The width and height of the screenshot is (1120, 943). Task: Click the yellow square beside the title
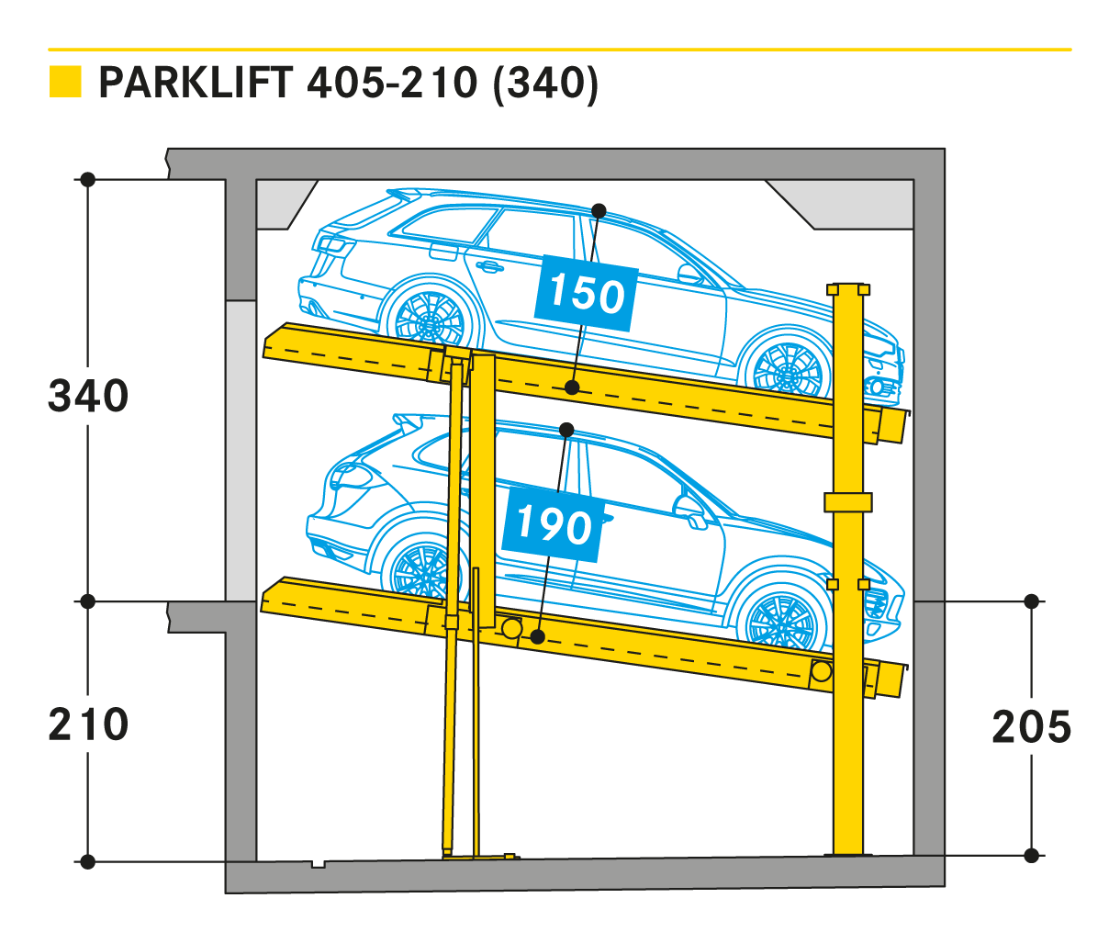click(65, 82)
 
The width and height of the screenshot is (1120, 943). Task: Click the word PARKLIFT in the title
click(196, 84)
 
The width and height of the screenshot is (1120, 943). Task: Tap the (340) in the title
click(545, 84)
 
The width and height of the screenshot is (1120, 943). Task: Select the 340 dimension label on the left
click(88, 396)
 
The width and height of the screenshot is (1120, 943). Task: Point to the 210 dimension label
click(88, 724)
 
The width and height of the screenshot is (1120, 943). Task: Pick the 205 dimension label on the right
click(1032, 727)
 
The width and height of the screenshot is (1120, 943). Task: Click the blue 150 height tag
click(587, 294)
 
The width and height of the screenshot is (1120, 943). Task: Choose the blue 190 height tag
click(553, 524)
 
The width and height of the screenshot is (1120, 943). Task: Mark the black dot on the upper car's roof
click(599, 211)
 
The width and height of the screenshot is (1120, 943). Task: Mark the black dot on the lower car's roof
click(566, 430)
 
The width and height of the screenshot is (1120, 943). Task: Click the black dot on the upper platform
click(572, 387)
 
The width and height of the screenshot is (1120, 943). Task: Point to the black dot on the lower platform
click(537, 636)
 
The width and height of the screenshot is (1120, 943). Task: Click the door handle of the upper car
click(487, 265)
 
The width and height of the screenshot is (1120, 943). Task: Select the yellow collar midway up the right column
click(848, 502)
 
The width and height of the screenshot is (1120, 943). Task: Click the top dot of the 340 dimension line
click(87, 179)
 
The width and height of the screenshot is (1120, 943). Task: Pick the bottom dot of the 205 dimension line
click(1032, 856)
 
